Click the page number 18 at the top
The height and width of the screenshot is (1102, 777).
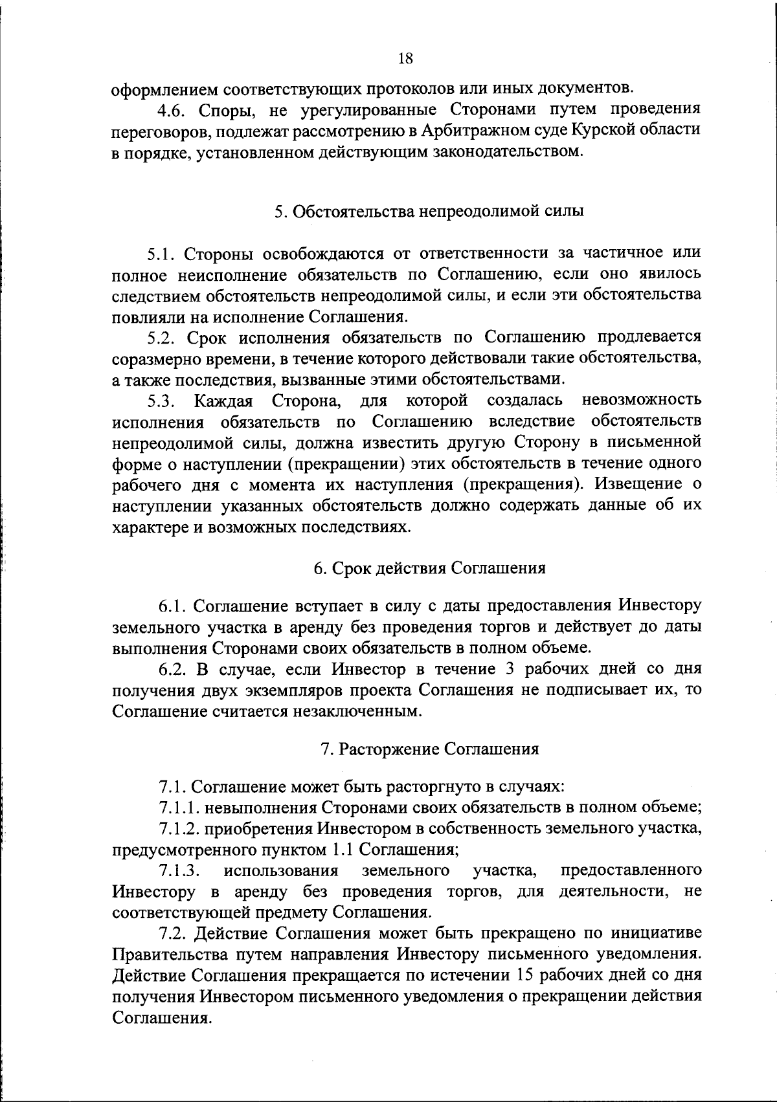coord(405,59)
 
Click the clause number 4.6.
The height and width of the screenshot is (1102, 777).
coord(172,109)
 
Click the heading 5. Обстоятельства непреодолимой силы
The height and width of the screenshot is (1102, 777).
coord(429,212)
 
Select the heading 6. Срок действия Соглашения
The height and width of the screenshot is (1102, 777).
coord(429,568)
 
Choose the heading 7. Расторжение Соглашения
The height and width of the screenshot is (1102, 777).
coord(429,749)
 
